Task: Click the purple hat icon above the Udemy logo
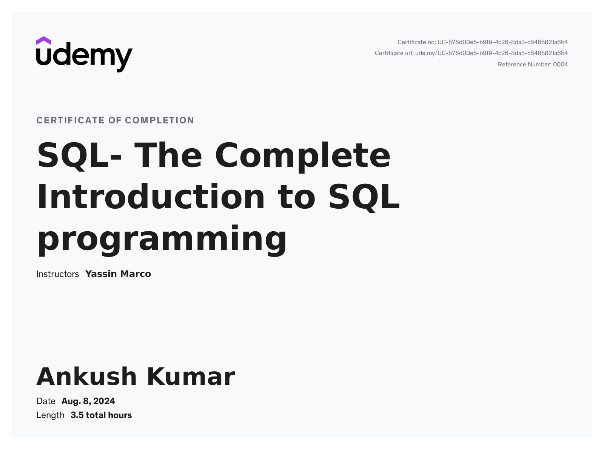click(43, 40)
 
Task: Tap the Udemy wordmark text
click(85, 57)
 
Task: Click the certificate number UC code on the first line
click(502, 42)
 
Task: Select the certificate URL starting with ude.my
click(491, 53)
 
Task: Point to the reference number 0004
click(560, 65)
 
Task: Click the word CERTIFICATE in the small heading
click(70, 120)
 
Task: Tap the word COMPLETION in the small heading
click(160, 120)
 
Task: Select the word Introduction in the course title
click(151, 197)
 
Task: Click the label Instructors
click(57, 274)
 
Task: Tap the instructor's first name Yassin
click(101, 274)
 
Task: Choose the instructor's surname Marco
click(136, 274)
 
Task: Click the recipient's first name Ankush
click(86, 377)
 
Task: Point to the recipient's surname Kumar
click(191, 377)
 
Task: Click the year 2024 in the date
click(104, 401)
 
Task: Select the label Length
click(50, 415)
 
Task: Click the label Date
click(46, 401)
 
